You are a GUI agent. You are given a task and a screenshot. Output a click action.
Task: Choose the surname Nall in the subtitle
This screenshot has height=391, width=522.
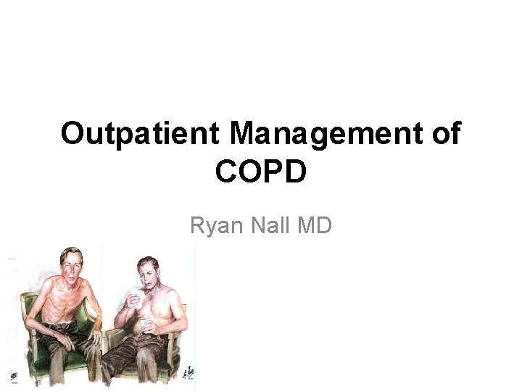(x=268, y=227)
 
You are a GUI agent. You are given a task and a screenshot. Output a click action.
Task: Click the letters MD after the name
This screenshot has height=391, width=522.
(x=314, y=227)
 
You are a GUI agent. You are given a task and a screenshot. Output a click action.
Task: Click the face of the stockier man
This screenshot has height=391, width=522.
(x=149, y=274)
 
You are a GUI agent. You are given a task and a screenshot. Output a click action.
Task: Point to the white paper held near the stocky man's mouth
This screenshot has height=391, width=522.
(x=136, y=295)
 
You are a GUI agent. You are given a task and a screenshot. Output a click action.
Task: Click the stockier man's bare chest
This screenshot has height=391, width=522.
(x=163, y=311)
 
